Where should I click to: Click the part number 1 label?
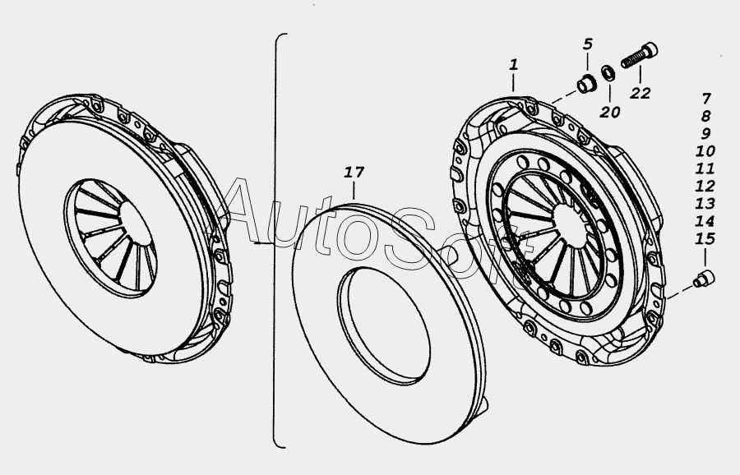pyautogui.click(x=513, y=65)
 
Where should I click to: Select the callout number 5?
pyautogui.click(x=588, y=44)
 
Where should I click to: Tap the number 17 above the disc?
pyautogui.click(x=354, y=173)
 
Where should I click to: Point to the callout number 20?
pyautogui.click(x=610, y=113)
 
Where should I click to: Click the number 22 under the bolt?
pyautogui.click(x=640, y=94)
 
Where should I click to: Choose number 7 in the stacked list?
pyautogui.click(x=706, y=99)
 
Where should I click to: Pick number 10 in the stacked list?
pyautogui.click(x=705, y=151)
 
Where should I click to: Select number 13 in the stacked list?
pyautogui.click(x=705, y=204)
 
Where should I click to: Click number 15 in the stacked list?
pyautogui.click(x=705, y=238)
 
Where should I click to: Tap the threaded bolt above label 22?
pyautogui.click(x=640, y=55)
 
